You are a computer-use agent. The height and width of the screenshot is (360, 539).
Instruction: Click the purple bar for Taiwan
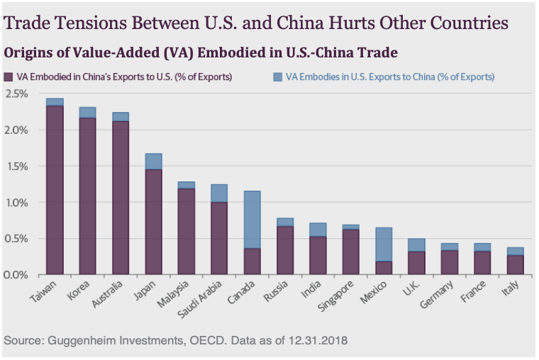[x=55, y=190]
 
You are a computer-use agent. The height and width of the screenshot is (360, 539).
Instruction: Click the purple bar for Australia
[x=121, y=198]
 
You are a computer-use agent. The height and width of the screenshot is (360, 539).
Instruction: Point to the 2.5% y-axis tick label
[x=16, y=94]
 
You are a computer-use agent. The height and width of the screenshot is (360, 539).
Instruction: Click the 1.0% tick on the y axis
[x=16, y=203]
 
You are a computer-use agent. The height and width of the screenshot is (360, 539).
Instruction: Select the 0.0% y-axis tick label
[x=16, y=275]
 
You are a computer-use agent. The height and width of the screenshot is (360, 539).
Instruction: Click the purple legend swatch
[x=9, y=77]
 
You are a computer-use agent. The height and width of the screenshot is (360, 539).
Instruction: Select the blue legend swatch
[x=274, y=77]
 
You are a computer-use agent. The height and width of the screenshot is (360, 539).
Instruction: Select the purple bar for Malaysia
[x=186, y=231]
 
